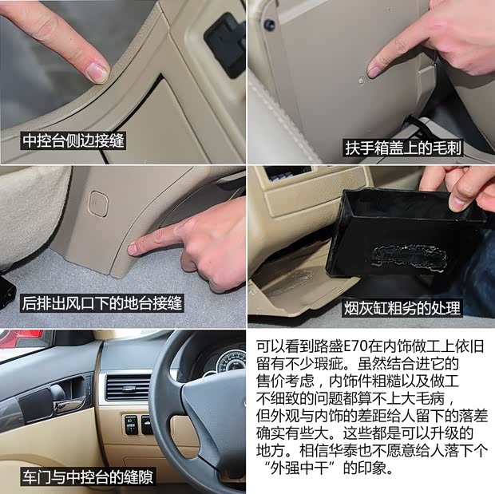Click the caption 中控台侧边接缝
pos(73,140)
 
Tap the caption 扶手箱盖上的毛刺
pos(402,148)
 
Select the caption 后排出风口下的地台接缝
pos(102,303)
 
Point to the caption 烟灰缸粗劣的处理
pos(402,308)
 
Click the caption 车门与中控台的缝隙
pos(88,476)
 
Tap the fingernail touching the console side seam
pos(98,71)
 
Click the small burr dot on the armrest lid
pos(362,80)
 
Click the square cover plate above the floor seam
pos(98,204)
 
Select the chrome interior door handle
pos(70,406)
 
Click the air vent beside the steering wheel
pos(128,387)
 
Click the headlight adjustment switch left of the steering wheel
pos(131,425)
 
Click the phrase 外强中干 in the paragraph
pos(299,468)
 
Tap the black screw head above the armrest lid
pos(269,24)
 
